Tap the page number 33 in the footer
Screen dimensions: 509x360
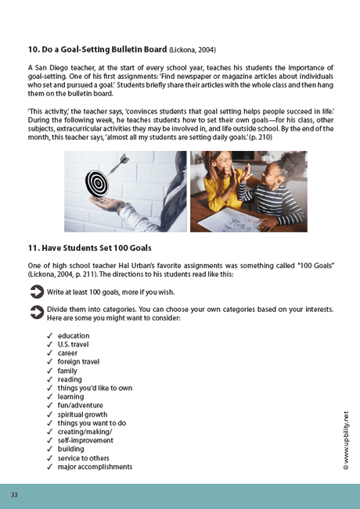14,495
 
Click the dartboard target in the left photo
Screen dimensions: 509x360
98,185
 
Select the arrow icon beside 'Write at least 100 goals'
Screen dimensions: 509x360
36,292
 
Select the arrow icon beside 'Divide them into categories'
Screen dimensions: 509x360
36,311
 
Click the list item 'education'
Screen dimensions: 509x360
74,335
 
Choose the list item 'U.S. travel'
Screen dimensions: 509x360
74,344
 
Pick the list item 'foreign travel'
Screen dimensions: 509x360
78,361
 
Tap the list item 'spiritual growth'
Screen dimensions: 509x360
82,414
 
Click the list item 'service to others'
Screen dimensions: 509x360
83,458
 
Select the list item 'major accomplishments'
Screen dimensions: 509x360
95,467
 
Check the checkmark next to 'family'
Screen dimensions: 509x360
49,371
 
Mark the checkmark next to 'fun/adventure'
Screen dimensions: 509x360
49,406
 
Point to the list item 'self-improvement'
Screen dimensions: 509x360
85,440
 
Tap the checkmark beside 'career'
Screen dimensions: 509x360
49,353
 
